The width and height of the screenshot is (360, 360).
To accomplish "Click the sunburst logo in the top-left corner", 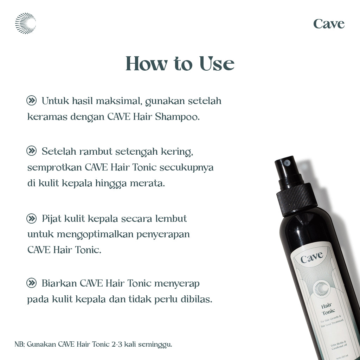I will [x=25, y=23].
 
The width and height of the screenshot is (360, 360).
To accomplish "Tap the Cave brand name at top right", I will [x=329, y=24].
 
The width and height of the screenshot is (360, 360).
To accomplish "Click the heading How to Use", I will [x=180, y=64].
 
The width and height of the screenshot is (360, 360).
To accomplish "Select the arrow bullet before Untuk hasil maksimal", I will [x=32, y=101].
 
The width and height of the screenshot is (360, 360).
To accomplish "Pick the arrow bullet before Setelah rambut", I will [x=32, y=151].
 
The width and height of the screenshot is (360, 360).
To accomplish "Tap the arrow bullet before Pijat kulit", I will [x=32, y=219].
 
